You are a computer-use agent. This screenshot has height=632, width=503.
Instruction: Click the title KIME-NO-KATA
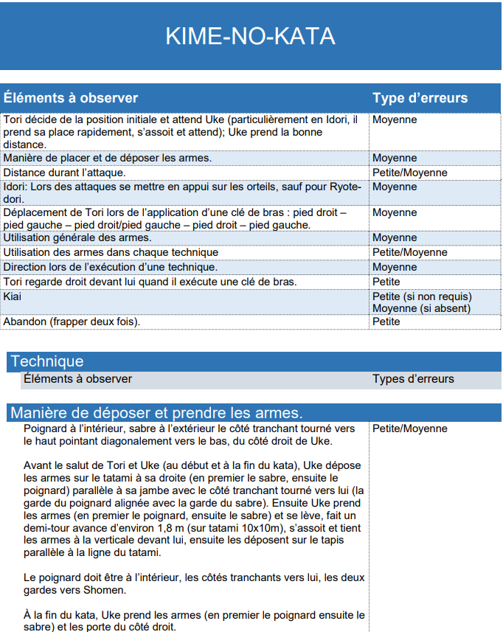[251, 36]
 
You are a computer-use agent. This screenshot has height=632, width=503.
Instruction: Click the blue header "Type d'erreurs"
[420, 98]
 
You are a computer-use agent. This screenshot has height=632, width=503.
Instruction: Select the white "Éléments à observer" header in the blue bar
[71, 98]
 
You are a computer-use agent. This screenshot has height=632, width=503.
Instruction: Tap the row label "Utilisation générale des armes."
[77, 237]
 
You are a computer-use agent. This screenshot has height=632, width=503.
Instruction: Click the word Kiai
[13, 296]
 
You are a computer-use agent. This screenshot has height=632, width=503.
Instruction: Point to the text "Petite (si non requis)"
[422, 296]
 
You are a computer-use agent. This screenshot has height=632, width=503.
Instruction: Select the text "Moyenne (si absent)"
[421, 308]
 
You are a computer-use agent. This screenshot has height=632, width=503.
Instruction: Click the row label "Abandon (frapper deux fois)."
[72, 322]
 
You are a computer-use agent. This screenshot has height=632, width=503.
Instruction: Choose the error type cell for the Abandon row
[386, 322]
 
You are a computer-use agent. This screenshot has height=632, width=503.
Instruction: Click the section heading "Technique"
[47, 361]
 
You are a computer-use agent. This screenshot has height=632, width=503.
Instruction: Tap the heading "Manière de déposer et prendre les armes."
[156, 412]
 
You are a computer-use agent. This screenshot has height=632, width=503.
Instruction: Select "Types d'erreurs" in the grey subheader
[413, 379]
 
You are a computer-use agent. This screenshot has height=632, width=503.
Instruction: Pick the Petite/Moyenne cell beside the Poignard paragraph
[409, 428]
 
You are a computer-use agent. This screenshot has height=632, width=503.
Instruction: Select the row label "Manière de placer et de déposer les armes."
[108, 158]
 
